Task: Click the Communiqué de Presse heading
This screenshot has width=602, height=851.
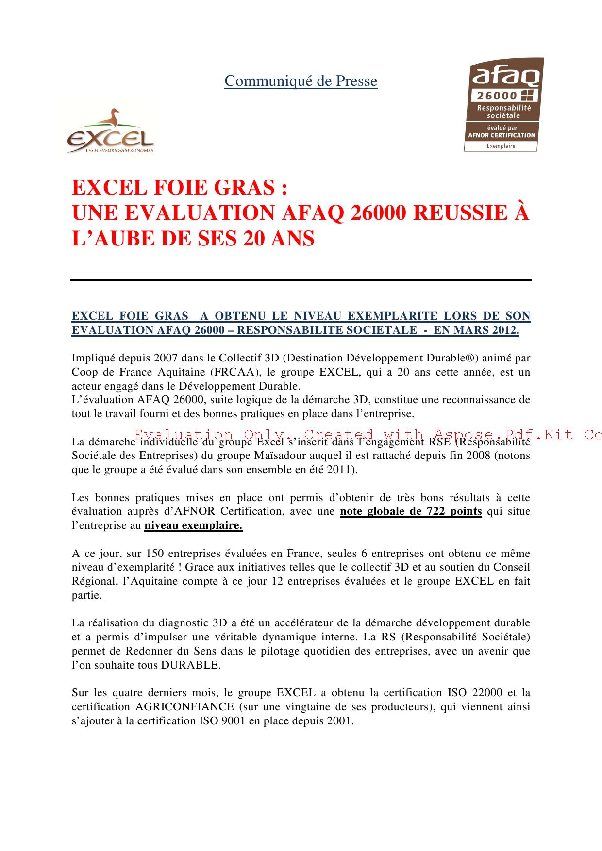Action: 301,81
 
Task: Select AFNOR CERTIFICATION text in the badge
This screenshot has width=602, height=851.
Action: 501,135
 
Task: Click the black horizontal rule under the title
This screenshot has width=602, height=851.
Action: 301,280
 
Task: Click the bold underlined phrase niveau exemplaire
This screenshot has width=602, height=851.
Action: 193,525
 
